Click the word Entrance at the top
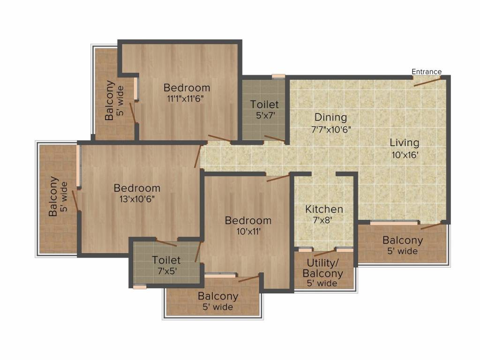(426, 72)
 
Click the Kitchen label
(324, 209)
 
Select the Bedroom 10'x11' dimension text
(247, 231)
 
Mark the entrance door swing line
(427, 82)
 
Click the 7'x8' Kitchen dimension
(324, 219)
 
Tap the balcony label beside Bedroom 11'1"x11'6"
(109, 101)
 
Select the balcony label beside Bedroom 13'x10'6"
(54, 196)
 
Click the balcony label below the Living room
(402, 240)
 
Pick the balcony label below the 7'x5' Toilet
(217, 296)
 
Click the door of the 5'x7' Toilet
(274, 138)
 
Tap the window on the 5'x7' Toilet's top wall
(278, 76)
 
